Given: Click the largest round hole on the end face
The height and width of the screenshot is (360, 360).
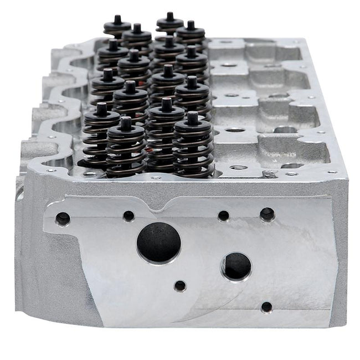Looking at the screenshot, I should click(x=160, y=243).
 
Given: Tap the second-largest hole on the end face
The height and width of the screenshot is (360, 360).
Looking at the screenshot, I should click(x=237, y=266).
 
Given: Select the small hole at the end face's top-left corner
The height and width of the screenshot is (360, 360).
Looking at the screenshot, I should click(x=63, y=219).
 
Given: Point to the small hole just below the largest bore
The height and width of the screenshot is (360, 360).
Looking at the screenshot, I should click(x=180, y=286).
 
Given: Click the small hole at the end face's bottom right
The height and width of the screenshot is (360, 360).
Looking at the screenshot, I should click(x=266, y=307).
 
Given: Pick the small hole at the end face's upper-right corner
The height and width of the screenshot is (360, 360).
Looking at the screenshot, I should click(x=267, y=213).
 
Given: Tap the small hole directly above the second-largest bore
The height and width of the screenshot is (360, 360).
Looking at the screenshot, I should click(x=224, y=215).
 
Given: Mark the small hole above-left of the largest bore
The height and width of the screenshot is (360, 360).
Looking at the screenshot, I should click(x=129, y=215).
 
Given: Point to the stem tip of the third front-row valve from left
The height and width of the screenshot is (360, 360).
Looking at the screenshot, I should click(x=167, y=102).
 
